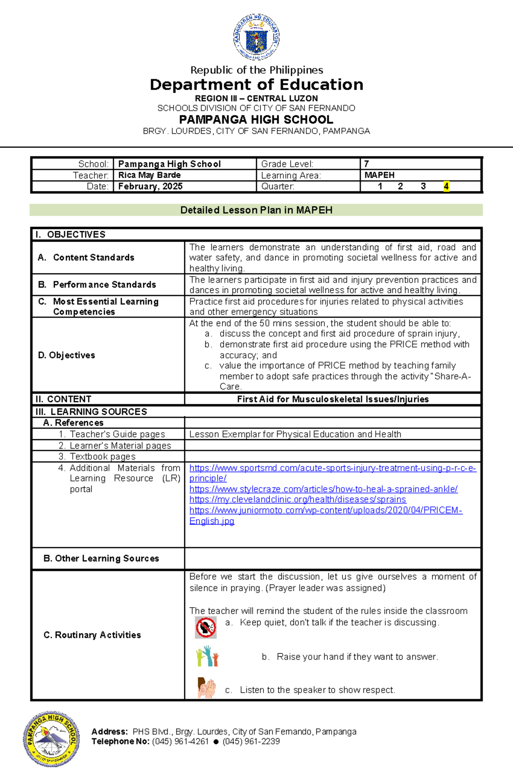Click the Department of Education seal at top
tap(256, 37)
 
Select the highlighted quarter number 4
tap(446, 186)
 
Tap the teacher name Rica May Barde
tap(149, 175)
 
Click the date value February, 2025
tap(150, 186)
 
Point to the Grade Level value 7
tap(366, 164)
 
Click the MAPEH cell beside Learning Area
tap(379, 175)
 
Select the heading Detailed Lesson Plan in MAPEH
tap(256, 210)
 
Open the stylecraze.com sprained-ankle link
tap(323, 489)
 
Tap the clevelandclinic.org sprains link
tap(298, 499)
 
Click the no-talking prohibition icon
tap(206, 627)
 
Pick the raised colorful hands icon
tap(207, 657)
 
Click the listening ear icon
tap(206, 687)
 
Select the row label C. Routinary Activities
tap(92, 635)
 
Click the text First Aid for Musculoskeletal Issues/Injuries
tap(333, 399)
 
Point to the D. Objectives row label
tap(66, 355)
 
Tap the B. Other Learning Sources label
tap(101, 558)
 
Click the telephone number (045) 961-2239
tap(251, 741)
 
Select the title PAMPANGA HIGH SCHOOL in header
tap(256, 120)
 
